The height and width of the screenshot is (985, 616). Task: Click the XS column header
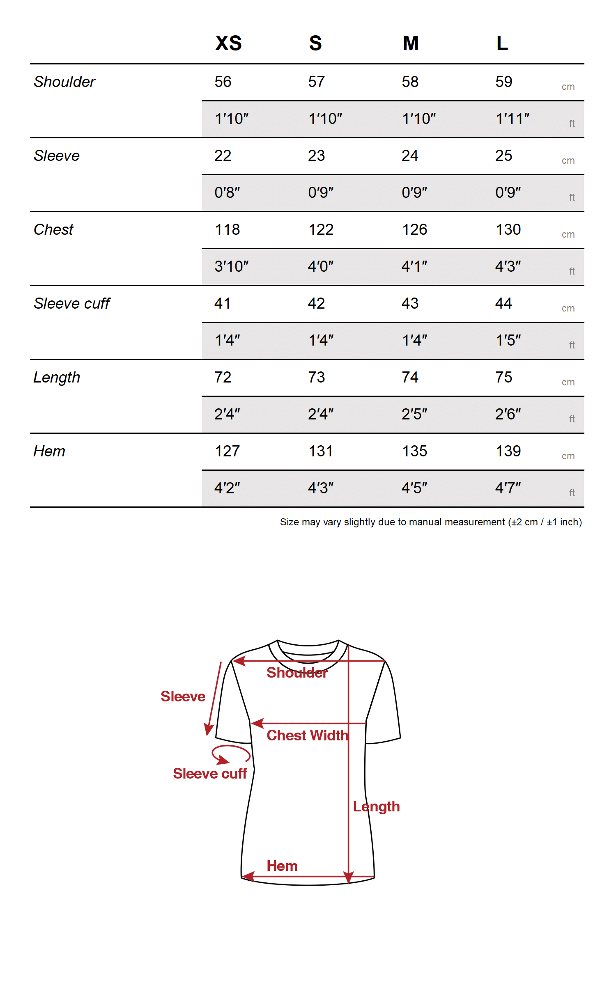[228, 43]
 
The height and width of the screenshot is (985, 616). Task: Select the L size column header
[502, 43]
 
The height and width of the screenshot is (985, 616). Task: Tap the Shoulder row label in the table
[64, 82]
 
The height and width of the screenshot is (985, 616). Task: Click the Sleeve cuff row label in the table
[72, 304]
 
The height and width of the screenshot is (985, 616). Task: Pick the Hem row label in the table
[49, 451]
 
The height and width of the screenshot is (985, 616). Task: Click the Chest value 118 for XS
[227, 230]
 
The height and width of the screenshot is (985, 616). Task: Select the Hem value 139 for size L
[508, 451]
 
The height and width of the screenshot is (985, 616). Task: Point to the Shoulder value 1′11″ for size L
[512, 119]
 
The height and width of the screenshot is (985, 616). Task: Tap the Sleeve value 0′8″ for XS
[227, 192]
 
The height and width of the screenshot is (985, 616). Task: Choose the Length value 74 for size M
[410, 378]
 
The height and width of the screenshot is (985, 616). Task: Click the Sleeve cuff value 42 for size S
[316, 304]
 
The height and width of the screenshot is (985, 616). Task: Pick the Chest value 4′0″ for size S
[321, 267]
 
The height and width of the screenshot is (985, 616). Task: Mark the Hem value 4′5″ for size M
[414, 488]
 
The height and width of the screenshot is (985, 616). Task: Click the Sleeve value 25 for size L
[503, 156]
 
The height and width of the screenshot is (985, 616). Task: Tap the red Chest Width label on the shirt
[307, 735]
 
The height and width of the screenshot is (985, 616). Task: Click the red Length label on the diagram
[376, 807]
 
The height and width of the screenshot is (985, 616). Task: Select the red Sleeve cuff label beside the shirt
[210, 774]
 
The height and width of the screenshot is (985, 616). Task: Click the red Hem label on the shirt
[282, 866]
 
